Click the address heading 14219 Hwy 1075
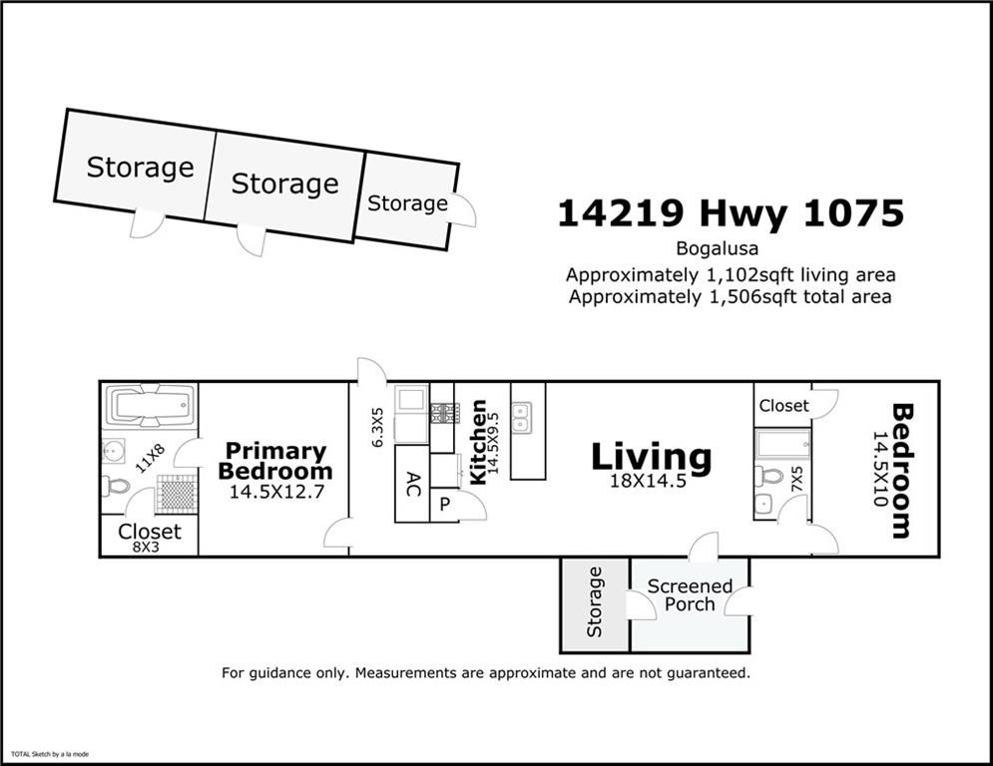coord(730,213)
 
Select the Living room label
coord(651,457)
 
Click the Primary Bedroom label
coord(274,461)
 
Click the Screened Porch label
coord(690,594)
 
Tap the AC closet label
coord(412,484)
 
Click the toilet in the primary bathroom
coord(116,487)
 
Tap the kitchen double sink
coord(522,416)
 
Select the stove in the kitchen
coord(442,412)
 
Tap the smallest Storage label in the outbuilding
coord(407,203)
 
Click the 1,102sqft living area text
coord(730,274)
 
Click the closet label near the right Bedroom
coord(783,406)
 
